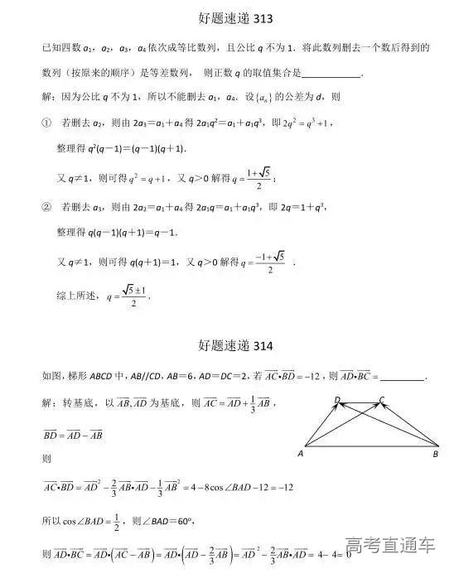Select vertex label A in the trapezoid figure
[x=300, y=454]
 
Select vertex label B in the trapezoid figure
[x=436, y=454]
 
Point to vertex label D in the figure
[x=337, y=399]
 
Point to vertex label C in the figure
[x=382, y=399]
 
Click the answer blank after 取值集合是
[x=333, y=74]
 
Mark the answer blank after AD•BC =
[x=403, y=377]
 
